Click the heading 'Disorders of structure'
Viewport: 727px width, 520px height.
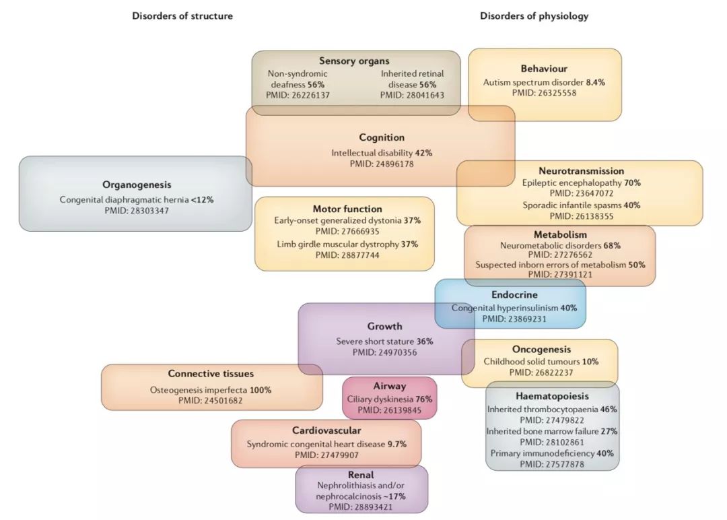[x=182, y=16]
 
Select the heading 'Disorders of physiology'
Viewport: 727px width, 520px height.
[x=534, y=16]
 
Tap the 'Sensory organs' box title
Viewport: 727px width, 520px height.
[x=354, y=61]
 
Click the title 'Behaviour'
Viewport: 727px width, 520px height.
[x=544, y=69]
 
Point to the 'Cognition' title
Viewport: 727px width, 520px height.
[x=382, y=137]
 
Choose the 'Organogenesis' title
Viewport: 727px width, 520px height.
[x=137, y=185]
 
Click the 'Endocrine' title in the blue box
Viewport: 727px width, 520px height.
[x=515, y=294]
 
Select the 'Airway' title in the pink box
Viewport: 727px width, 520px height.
[x=390, y=386]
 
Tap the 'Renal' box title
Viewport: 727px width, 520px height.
[x=361, y=475]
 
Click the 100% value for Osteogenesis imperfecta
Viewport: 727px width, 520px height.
[x=261, y=390]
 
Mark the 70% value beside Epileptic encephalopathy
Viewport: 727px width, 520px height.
[x=632, y=183]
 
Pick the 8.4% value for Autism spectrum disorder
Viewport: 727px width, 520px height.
[x=595, y=83]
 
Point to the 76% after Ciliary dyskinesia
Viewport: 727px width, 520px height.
[x=424, y=399]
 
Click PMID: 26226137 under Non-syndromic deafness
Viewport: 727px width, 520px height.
[x=298, y=95]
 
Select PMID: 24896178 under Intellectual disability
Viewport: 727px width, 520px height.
[x=382, y=164]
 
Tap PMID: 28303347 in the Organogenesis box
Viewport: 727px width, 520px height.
[x=137, y=211]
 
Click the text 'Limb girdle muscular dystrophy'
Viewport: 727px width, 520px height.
[x=338, y=244]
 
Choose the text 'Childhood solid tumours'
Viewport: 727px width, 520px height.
[x=532, y=361]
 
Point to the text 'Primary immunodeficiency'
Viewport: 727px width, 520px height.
[x=543, y=453]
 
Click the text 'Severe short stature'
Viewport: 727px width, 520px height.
[x=375, y=342]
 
